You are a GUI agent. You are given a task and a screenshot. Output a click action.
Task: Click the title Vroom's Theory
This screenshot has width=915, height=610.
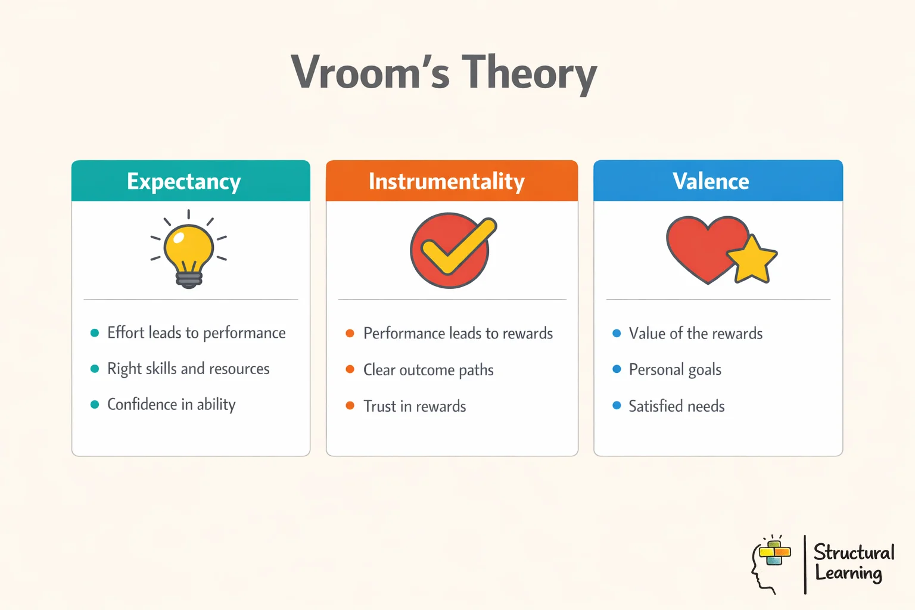pos(444,73)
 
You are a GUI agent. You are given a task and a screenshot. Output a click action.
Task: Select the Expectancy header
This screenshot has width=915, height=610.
pos(184,181)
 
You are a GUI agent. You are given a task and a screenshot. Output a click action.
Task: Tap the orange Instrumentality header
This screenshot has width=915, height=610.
pos(446,181)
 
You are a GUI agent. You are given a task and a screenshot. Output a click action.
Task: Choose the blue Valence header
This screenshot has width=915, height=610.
pos(711,181)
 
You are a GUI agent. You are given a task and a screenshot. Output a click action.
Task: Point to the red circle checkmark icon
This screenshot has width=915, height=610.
pos(451,251)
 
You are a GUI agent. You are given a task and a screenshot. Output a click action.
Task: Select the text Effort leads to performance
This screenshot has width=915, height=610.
pos(196,332)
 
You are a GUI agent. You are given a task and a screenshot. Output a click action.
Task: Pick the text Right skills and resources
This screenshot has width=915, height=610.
pos(188,369)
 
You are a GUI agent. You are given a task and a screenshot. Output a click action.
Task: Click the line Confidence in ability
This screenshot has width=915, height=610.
pos(171,404)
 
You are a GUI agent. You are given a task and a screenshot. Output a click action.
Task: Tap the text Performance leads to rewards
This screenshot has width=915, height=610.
pos(457,333)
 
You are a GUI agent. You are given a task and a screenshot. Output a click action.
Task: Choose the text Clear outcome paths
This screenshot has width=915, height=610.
pos(428,370)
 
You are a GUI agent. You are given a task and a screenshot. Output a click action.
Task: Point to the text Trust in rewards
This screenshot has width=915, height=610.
pos(415,406)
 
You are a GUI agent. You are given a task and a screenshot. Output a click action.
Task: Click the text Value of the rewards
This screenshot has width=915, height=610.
pos(695,333)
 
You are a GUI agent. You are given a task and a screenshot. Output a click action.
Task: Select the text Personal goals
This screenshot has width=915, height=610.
pos(675,370)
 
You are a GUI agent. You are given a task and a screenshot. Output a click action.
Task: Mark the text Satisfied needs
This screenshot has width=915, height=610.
pos(677,406)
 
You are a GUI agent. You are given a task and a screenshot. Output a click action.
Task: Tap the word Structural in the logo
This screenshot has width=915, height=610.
pos(854,552)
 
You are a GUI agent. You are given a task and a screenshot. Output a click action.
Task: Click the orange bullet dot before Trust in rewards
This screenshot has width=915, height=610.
pos(350,406)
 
